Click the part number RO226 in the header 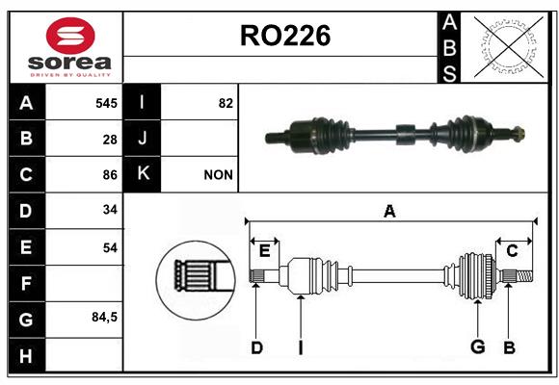point(285,36)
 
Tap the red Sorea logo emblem point(70,36)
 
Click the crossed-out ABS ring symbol point(509,46)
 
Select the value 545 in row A point(106,103)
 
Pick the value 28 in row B point(110,140)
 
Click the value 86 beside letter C point(110,175)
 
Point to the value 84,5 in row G point(104,317)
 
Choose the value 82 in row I point(226,103)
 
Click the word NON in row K point(218,175)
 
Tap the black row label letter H point(26,356)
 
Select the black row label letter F point(26,284)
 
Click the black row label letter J point(142,138)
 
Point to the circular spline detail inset point(196,280)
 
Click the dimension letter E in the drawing point(264,251)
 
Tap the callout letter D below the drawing point(256,347)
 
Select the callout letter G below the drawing point(477,346)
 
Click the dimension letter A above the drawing point(389,211)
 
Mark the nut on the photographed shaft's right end point(519,134)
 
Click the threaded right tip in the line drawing point(524,276)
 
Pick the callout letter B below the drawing point(509,347)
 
